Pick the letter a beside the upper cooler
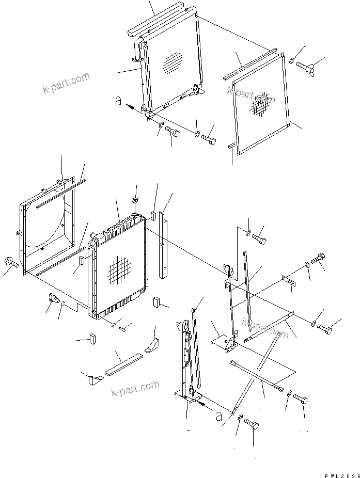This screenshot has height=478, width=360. pos(118,102)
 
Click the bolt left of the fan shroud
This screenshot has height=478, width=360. pos(10,263)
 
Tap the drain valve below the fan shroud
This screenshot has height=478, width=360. pos(53,298)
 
